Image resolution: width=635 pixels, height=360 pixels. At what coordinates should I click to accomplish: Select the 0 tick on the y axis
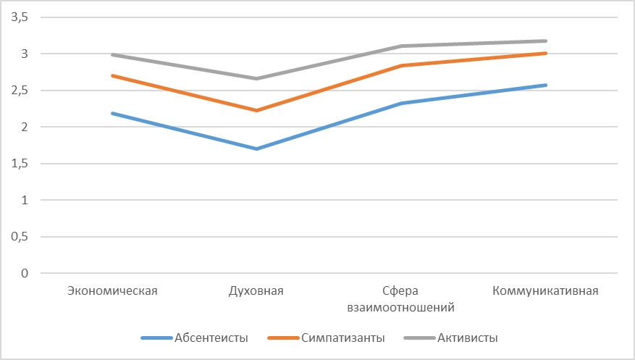[24, 273]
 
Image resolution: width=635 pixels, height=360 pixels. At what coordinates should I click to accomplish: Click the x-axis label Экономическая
[112, 291]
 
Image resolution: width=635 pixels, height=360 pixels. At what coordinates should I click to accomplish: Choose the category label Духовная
[256, 291]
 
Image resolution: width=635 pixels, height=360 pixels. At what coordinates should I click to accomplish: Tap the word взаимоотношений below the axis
[400, 307]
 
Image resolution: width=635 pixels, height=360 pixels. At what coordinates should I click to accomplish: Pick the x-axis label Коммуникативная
[545, 291]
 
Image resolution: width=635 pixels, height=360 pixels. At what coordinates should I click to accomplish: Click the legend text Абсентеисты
[211, 338]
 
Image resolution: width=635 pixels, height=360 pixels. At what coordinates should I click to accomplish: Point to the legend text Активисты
[468, 338]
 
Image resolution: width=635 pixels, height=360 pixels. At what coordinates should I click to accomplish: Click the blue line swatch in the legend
[156, 338]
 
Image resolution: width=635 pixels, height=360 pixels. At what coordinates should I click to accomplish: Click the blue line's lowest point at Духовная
[256, 148]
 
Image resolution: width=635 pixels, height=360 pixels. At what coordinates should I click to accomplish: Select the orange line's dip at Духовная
[256, 110]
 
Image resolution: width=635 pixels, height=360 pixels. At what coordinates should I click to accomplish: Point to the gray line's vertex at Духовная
[256, 78]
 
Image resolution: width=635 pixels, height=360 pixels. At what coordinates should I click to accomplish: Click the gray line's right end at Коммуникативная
[545, 41]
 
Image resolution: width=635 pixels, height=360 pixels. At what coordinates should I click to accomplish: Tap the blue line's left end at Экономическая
[112, 113]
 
